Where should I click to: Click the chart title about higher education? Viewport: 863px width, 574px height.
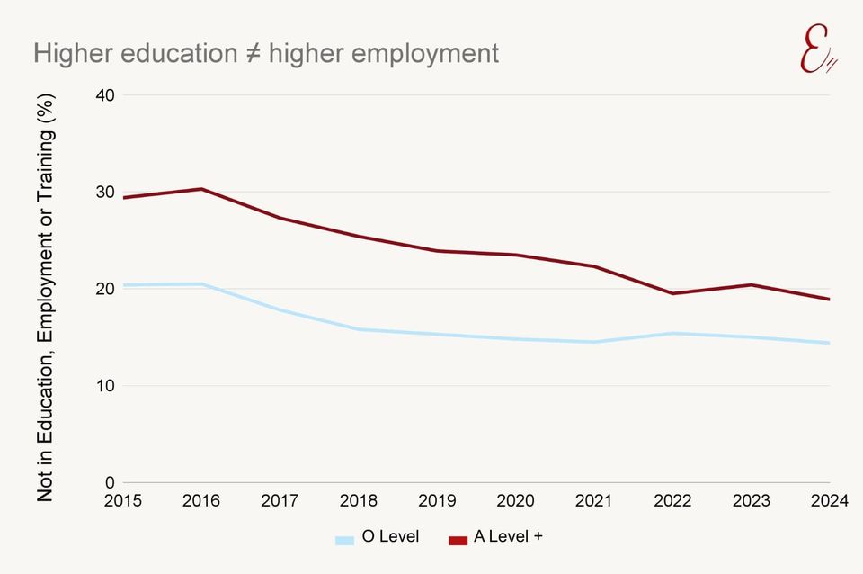[x=266, y=53]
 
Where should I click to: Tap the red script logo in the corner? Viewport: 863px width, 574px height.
[x=817, y=51]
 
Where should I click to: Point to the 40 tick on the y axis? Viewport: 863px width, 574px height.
[x=107, y=95]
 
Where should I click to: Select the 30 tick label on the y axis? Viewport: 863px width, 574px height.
[x=107, y=192]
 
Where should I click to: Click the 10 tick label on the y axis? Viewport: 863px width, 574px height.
[x=107, y=386]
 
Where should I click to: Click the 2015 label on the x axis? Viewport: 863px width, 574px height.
[x=123, y=502]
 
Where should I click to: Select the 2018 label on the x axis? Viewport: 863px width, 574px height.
[x=359, y=502]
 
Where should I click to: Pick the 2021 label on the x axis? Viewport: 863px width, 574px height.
[x=593, y=502]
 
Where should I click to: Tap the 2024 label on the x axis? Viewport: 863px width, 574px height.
[x=828, y=502]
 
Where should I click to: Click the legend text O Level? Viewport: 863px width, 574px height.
[x=390, y=538]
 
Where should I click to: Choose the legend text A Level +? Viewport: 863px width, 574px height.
[x=509, y=538]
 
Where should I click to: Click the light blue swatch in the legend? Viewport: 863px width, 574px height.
[x=344, y=540]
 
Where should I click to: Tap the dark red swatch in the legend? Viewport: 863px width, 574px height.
[x=458, y=540]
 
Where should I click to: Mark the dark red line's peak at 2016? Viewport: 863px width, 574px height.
[x=201, y=189]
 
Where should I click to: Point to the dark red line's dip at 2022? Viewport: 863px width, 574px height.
[x=672, y=293]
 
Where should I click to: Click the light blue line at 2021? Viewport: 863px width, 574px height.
[x=593, y=342]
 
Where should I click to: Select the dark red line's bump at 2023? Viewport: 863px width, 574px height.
[x=750, y=285]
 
